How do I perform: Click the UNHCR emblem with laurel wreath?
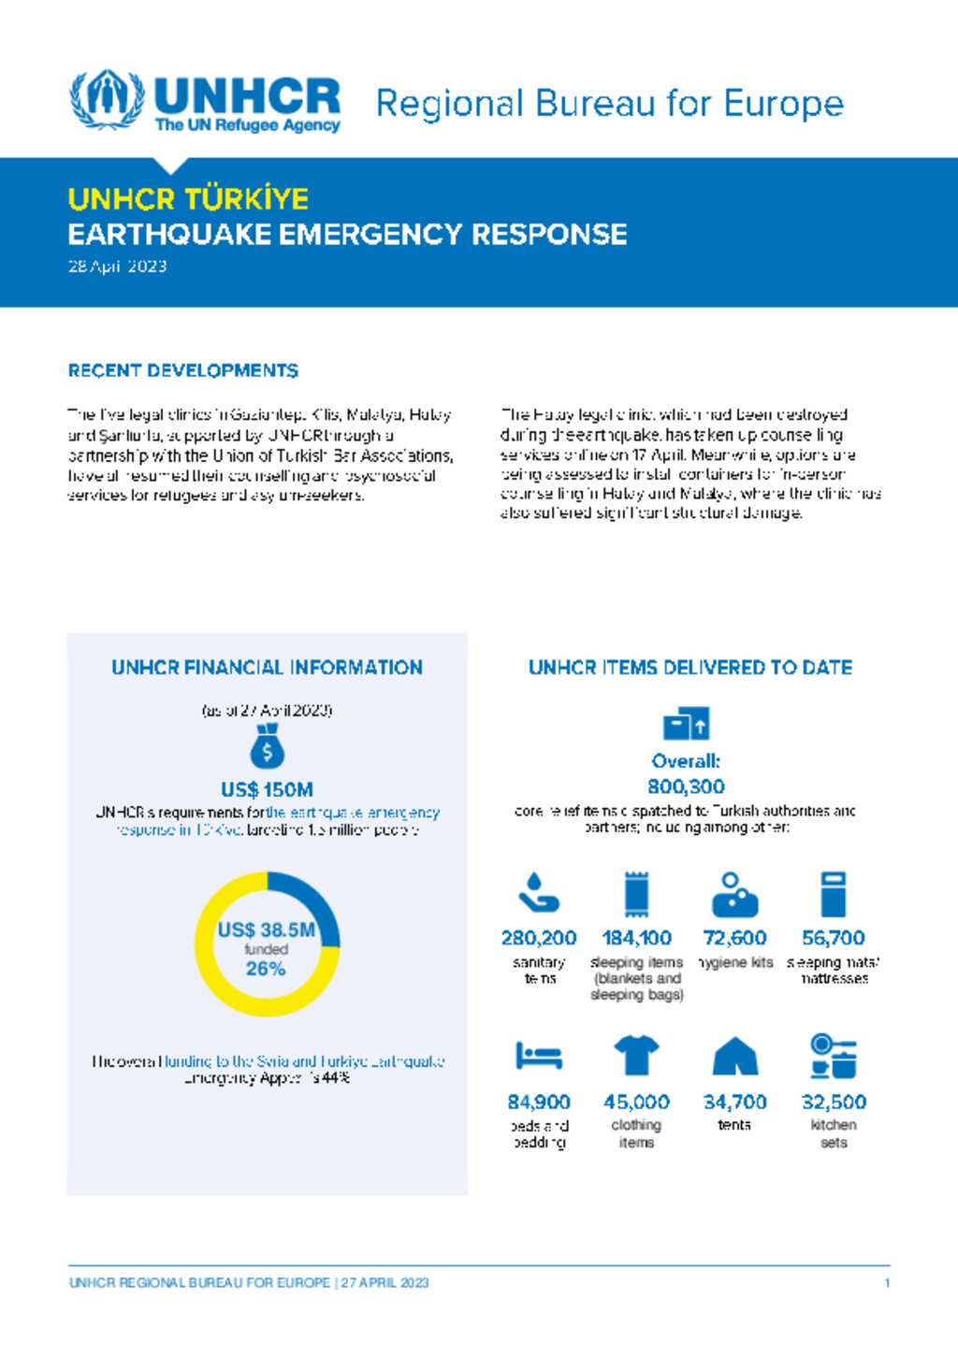point(108,99)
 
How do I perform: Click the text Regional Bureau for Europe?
point(609,104)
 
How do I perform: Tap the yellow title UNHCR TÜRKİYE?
point(188,199)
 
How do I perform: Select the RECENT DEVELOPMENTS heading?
point(183,371)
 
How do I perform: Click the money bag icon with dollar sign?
point(267,746)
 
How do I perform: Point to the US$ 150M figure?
point(267,789)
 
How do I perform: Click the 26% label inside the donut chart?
point(266,969)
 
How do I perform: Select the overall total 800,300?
point(686,786)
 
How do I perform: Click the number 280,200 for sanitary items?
point(539,937)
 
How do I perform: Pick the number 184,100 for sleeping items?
point(636,937)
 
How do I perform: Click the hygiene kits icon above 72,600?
point(734,895)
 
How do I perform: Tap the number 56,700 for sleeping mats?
point(833,937)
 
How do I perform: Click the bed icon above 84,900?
point(539,1056)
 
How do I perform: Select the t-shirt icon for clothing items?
point(636,1056)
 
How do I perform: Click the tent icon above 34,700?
point(734,1057)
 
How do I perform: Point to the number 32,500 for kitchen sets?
point(834,1102)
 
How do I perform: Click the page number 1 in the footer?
point(887,1283)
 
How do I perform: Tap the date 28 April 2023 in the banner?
point(118,267)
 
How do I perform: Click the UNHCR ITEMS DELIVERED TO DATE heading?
point(690,668)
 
